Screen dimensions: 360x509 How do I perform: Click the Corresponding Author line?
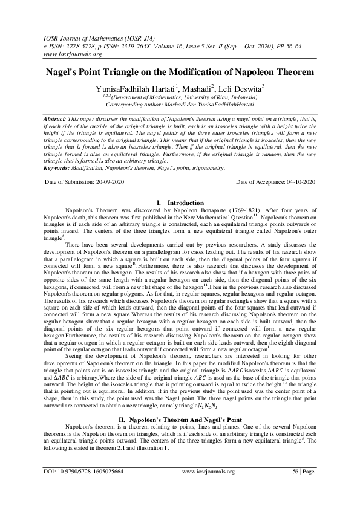180,104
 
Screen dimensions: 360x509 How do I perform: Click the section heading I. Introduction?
180,186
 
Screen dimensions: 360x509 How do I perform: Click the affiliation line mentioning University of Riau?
180,97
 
